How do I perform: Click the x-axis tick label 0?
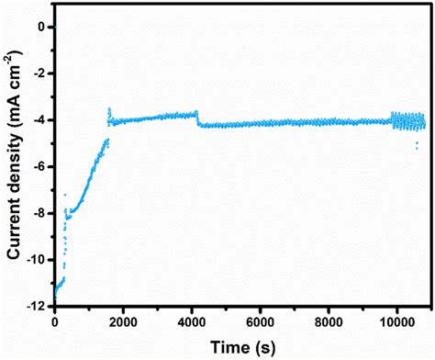[55, 322]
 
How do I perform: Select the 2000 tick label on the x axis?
[124, 322]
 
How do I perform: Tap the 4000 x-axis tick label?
[192, 322]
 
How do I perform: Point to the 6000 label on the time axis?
[261, 322]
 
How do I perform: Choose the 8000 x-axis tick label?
[329, 322]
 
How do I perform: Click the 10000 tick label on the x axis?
[397, 322]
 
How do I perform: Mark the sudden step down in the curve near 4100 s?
[197, 119]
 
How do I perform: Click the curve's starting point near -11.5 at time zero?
[56, 293]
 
